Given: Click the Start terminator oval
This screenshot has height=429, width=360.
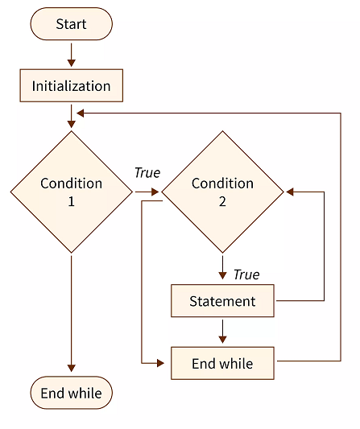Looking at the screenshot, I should pos(71,24).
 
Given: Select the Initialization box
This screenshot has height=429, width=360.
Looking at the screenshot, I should pos(71,85).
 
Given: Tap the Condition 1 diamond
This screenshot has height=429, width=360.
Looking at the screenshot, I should pos(71,192).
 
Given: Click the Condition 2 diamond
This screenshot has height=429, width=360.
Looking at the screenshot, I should pos(223,192).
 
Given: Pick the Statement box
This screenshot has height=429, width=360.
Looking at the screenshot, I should pos(222,301).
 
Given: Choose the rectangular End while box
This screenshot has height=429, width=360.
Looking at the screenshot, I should pos(222,364).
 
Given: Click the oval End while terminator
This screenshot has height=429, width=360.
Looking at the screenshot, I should pos(71,394).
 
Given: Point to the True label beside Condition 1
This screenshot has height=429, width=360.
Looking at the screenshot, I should pos(147,173).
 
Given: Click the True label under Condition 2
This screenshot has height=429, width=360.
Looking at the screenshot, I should pos(246,274).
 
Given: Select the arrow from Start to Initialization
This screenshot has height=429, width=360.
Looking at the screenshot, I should pos(71,54).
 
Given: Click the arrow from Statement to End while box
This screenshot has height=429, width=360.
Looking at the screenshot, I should pos(222,332).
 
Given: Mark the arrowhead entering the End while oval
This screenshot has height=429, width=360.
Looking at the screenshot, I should pos(71,369).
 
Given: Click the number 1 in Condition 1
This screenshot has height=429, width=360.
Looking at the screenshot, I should pos(71,201).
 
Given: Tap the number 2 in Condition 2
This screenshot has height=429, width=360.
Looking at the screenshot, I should pos(222,201).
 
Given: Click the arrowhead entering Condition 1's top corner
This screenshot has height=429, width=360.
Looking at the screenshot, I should pos(71,123).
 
